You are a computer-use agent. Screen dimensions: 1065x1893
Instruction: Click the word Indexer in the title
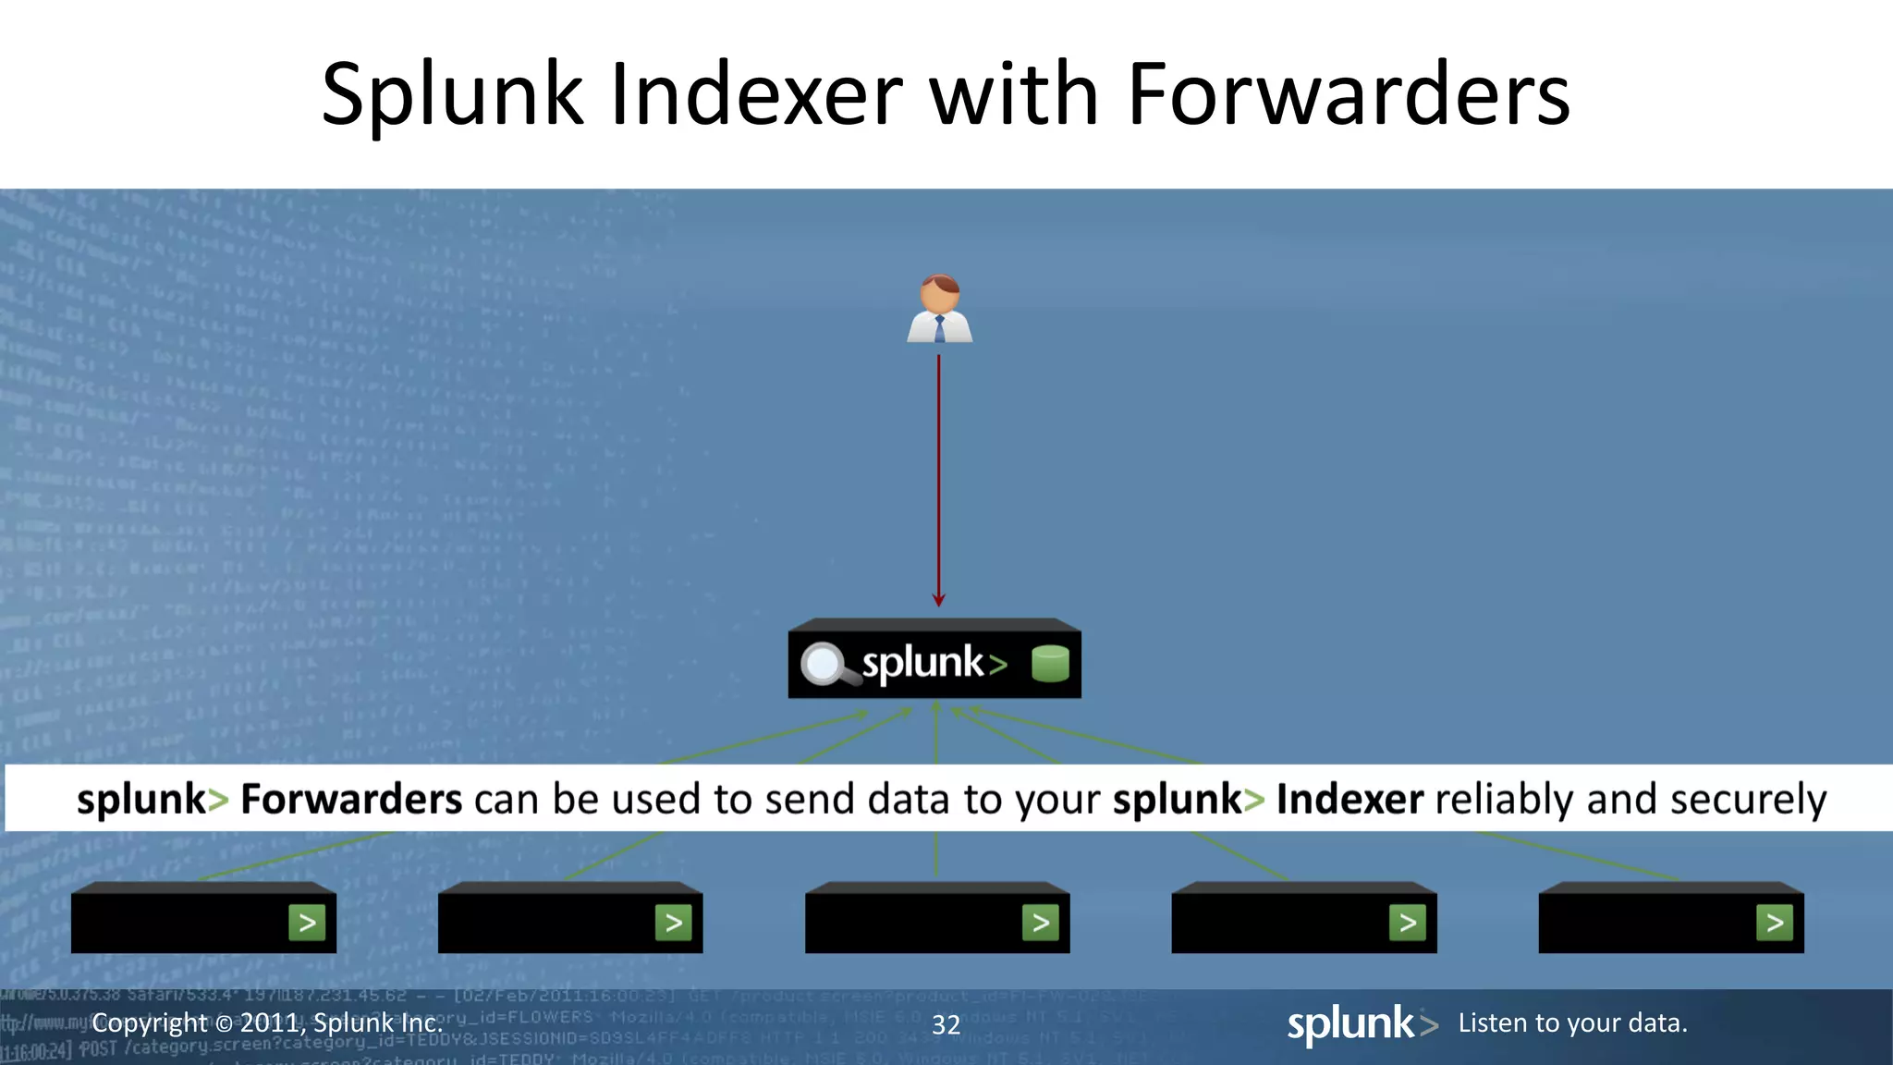pos(756,94)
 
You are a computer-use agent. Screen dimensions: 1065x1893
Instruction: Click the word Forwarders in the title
pos(1349,94)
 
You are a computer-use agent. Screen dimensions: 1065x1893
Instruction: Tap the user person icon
pos(939,310)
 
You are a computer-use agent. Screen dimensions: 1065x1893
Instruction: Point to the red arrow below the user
pos(939,481)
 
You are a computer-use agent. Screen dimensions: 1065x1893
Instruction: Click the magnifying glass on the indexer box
pos(824,664)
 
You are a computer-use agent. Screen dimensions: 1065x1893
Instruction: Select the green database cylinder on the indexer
pos(1050,663)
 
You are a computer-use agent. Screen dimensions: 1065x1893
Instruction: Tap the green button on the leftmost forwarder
pos(307,923)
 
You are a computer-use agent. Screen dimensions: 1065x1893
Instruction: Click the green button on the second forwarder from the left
pos(674,923)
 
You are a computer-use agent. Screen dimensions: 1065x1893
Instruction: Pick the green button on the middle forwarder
pos(1041,923)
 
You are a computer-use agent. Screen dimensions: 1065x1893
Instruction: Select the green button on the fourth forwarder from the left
pos(1408,923)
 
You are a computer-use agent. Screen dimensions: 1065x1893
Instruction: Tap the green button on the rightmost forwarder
pos(1775,923)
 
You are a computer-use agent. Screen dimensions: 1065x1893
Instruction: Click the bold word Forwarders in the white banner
pos(351,799)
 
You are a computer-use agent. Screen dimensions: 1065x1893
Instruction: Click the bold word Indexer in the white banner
pos(1350,799)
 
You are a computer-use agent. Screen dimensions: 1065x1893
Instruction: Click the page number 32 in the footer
pos(946,1024)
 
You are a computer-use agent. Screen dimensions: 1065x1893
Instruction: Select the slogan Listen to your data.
pos(1572,1022)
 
